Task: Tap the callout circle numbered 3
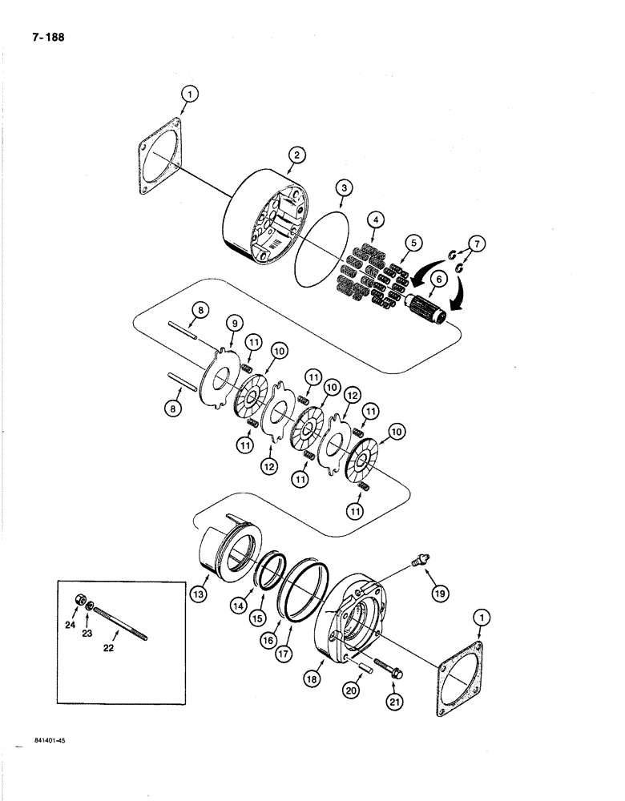coord(342,189)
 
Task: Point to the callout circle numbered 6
coord(439,279)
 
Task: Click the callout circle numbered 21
coord(393,702)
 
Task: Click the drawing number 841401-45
coord(50,742)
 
